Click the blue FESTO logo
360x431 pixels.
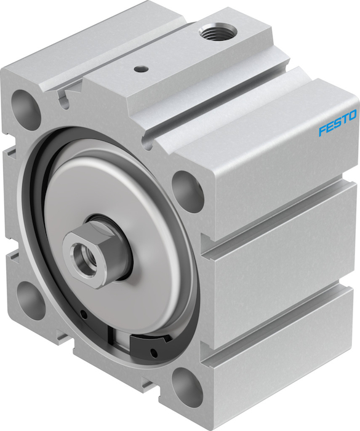click(338, 122)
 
